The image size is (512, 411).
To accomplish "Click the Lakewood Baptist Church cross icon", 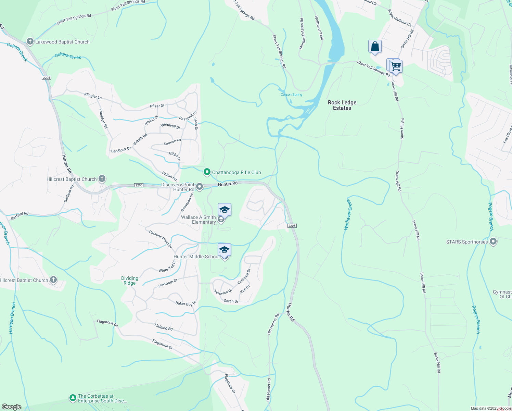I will [x=30, y=42].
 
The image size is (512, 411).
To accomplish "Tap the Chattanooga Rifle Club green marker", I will [x=207, y=172].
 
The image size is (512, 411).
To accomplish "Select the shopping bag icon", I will [x=375, y=46].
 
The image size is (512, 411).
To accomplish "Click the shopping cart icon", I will [x=395, y=66].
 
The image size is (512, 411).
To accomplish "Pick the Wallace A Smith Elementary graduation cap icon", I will [x=225, y=210].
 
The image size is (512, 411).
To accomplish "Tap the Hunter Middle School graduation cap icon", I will [x=224, y=250].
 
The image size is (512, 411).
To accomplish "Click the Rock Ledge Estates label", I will [x=342, y=105].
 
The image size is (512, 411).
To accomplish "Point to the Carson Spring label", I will [x=291, y=95].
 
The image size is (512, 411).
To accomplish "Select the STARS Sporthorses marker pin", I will [x=493, y=242].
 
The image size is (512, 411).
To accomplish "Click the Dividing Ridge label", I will [x=130, y=281].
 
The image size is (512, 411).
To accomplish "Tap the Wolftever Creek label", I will [x=348, y=215].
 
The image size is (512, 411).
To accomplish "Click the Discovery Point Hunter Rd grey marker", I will [x=200, y=187].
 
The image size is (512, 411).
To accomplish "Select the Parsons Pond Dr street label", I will [x=160, y=239].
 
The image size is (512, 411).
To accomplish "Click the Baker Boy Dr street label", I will [x=185, y=303].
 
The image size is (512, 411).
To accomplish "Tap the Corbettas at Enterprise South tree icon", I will [x=73, y=398].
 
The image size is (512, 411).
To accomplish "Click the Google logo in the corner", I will [x=11, y=407].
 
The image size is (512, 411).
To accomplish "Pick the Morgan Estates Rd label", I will [x=302, y=34].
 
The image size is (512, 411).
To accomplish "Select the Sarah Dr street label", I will [x=231, y=301].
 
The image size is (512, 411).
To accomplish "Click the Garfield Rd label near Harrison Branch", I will [x=20, y=216].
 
